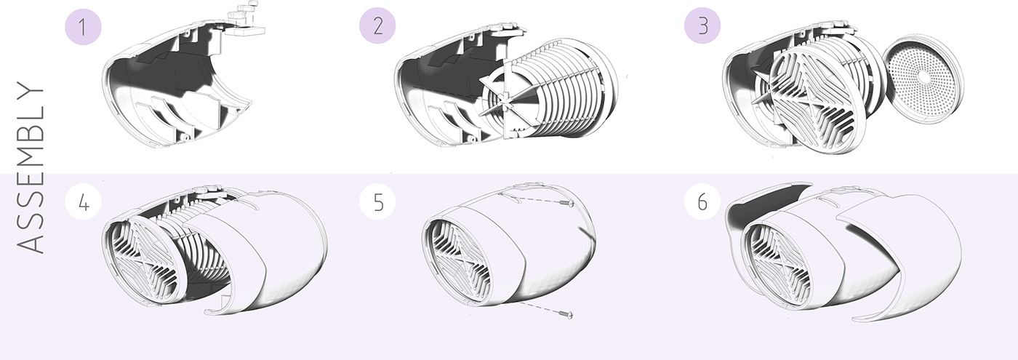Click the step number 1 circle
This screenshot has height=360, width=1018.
tap(83, 27)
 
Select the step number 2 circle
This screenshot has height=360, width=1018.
tap(377, 27)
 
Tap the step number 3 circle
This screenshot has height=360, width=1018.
tap(702, 26)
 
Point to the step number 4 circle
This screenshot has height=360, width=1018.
tap(83, 202)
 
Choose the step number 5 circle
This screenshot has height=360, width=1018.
tap(377, 202)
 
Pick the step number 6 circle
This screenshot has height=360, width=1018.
tap(702, 201)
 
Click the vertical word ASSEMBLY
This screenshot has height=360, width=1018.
tap(31, 167)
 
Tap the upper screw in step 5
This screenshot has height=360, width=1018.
tap(567, 204)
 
